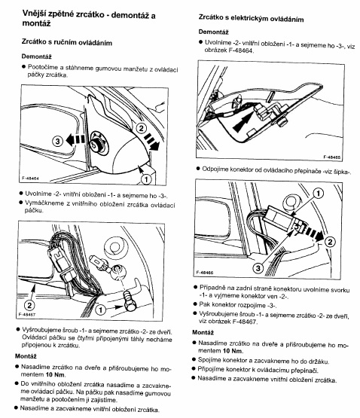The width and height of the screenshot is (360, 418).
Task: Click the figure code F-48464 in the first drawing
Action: [x=30, y=178]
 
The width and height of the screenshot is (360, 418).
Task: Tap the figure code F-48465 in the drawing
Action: [x=331, y=157]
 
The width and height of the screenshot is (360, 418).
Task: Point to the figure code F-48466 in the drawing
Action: [x=205, y=273]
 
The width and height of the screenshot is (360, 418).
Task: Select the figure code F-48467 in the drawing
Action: [x=27, y=314]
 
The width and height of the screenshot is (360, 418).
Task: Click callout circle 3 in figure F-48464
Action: [x=57, y=141]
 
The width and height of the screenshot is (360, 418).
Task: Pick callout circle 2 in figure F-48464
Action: [x=141, y=129]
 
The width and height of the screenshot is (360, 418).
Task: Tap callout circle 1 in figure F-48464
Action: [x=146, y=179]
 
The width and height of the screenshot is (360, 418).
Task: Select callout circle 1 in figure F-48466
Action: [x=318, y=194]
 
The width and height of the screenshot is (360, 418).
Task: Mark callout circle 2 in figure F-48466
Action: [x=330, y=242]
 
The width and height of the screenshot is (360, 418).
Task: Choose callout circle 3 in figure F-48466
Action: [x=258, y=268]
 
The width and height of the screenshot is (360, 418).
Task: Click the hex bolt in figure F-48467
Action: [x=130, y=302]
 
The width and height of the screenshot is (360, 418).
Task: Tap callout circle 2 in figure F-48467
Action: [x=29, y=305]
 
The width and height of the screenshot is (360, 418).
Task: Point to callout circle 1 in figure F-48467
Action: [x=100, y=310]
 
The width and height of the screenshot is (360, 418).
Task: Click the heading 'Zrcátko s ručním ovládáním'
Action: [x=67, y=43]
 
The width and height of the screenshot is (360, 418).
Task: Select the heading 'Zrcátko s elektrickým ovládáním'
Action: [x=252, y=18]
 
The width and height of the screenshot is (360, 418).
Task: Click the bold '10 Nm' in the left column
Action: [x=55, y=374]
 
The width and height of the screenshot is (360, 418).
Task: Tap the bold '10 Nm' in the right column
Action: [x=233, y=351]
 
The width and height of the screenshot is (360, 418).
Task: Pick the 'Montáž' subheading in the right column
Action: [x=203, y=332]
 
